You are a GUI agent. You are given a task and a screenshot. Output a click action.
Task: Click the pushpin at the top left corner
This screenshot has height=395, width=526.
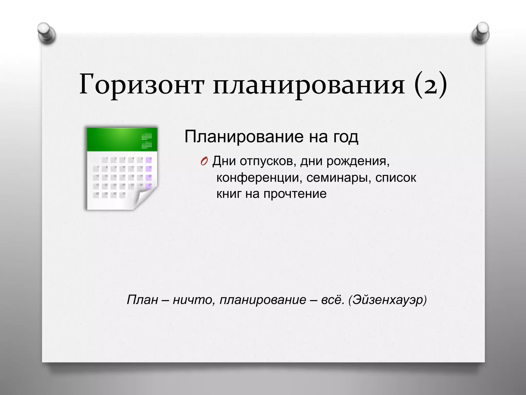[46, 33]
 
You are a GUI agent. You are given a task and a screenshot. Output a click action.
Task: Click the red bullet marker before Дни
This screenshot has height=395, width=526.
[204, 161]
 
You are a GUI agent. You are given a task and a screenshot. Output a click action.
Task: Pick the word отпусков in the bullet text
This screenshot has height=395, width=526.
[266, 161]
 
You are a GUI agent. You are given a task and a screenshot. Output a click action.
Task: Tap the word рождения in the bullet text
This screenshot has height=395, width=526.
[358, 161]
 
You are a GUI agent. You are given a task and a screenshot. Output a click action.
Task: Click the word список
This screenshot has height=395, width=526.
[396, 178]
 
